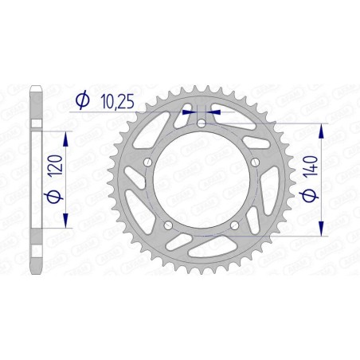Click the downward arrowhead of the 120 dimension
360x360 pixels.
pos(65,226)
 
